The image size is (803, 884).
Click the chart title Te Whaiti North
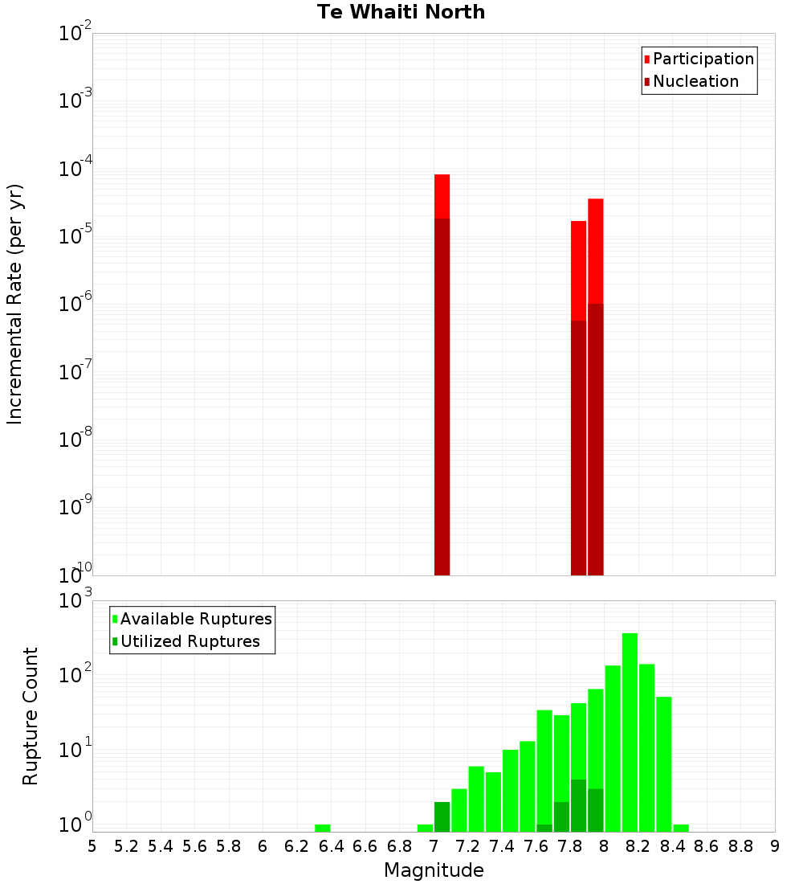(401, 12)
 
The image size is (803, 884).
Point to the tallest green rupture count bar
(630, 723)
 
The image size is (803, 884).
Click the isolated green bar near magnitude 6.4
(323, 828)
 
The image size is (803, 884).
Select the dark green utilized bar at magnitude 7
(442, 816)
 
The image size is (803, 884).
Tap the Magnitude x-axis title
(434, 870)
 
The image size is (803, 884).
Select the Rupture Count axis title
(30, 716)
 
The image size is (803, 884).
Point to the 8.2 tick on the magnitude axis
(638, 845)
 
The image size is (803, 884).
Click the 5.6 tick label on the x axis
(194, 845)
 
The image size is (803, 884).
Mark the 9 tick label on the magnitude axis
(774, 845)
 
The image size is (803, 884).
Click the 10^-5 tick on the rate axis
(75, 235)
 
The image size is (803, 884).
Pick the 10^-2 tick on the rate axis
(75, 34)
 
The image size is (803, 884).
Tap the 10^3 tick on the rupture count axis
(75, 600)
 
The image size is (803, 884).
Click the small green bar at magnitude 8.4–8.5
(681, 828)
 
